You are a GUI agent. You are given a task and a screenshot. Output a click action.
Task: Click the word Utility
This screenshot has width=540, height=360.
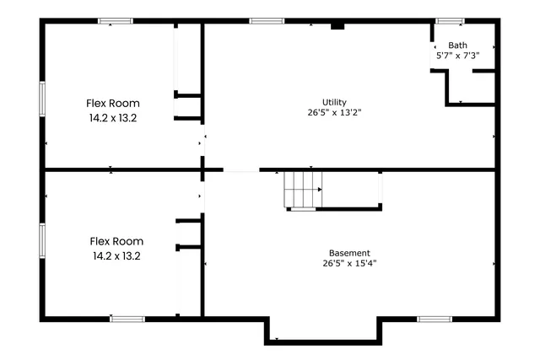(334, 102)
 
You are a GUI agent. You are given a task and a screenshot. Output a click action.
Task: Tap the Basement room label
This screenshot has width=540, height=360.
(348, 253)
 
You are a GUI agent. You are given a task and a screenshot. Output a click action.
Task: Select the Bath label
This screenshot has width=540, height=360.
(457, 46)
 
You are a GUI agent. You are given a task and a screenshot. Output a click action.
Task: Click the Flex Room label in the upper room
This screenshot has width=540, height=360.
(113, 104)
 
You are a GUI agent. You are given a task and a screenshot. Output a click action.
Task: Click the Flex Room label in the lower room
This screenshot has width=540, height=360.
(116, 240)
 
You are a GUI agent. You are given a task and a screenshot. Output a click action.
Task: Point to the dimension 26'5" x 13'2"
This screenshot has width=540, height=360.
(334, 112)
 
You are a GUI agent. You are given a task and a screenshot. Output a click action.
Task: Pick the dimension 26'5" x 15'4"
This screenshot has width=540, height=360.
(348, 263)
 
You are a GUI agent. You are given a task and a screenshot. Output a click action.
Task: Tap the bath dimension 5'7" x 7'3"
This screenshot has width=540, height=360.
(457, 56)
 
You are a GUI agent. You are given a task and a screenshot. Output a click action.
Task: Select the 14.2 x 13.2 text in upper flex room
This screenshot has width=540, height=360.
(113, 118)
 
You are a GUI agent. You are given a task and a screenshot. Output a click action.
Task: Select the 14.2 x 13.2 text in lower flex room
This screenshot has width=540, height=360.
(116, 255)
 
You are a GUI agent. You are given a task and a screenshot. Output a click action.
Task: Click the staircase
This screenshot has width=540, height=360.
(302, 189)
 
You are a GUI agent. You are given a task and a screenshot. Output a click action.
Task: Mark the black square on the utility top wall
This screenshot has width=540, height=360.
(337, 26)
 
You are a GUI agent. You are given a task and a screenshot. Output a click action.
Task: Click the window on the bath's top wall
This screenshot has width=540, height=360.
(449, 21)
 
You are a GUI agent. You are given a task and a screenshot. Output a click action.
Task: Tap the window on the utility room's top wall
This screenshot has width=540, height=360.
(267, 21)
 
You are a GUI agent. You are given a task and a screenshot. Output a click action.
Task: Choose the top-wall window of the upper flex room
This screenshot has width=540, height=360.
(116, 21)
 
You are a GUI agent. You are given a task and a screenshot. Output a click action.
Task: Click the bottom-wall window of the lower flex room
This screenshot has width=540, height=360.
(127, 319)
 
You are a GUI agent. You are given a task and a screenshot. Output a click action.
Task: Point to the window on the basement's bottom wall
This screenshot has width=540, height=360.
(435, 319)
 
